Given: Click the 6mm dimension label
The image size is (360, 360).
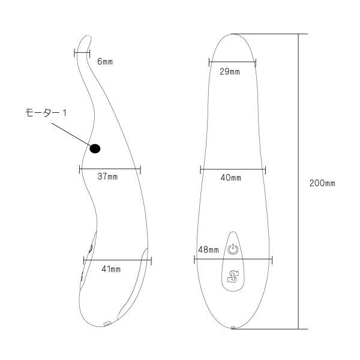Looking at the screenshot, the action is (x=105, y=62).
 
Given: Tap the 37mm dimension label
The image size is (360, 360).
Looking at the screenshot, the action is (x=107, y=176).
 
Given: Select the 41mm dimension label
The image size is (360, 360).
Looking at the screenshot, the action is (x=111, y=269).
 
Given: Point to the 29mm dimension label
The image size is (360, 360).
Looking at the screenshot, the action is (x=230, y=71).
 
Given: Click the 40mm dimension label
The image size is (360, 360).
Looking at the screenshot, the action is (x=231, y=178).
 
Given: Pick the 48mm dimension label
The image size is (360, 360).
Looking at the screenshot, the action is (x=208, y=250).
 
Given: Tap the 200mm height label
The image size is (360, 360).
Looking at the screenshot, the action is (x=322, y=183).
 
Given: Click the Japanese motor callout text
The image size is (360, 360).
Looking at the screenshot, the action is (x=46, y=113).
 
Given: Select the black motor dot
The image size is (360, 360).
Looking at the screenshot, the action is (x=95, y=149).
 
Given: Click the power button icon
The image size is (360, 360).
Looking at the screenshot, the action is (x=233, y=250).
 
